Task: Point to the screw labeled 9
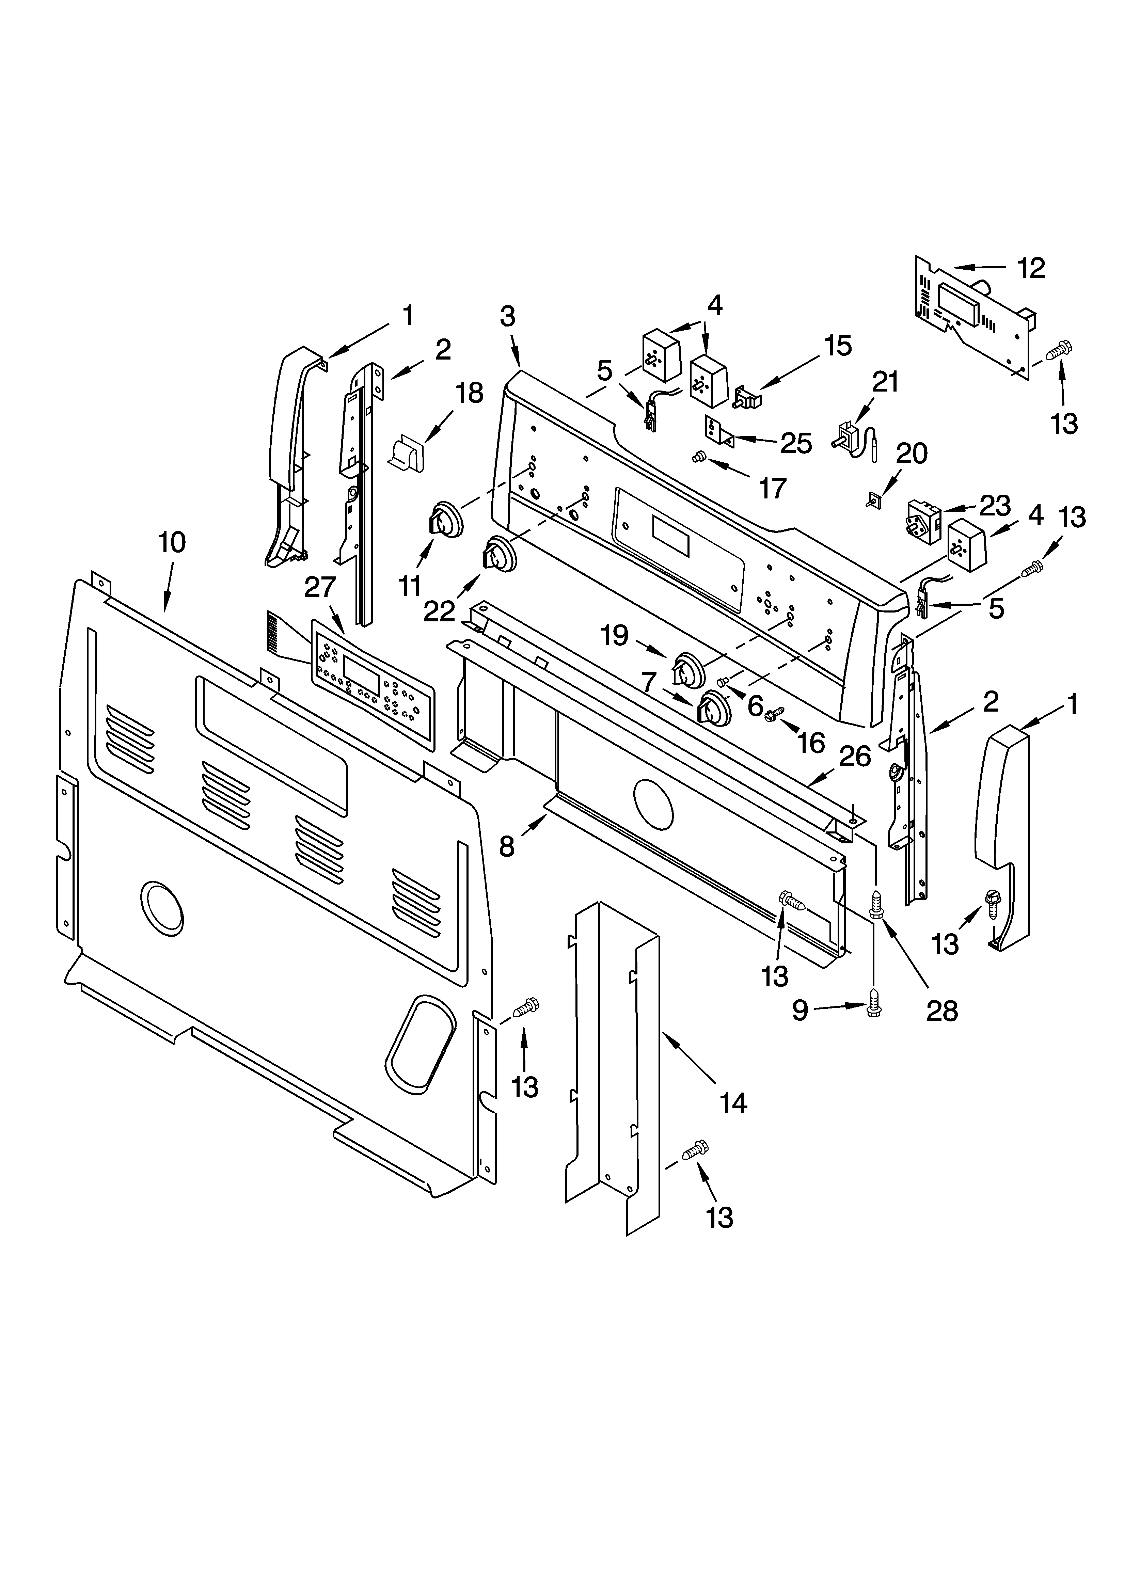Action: point(873,1008)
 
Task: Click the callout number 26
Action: point(855,757)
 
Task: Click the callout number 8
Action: point(507,847)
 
